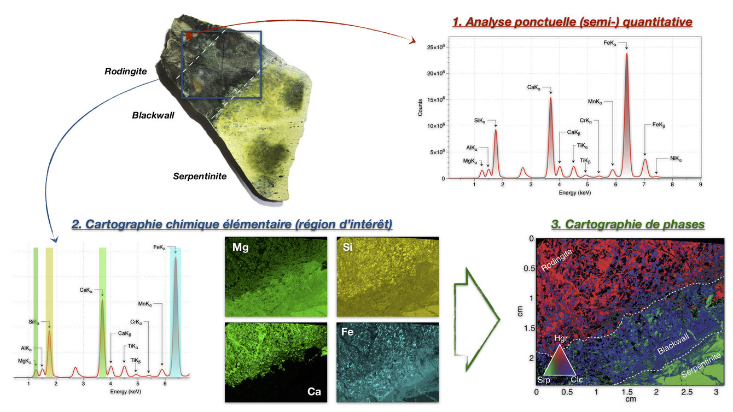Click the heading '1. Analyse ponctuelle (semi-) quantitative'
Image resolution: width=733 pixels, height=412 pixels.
click(572, 22)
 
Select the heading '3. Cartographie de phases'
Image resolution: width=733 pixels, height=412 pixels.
click(627, 224)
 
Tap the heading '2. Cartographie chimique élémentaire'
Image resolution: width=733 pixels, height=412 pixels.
click(232, 224)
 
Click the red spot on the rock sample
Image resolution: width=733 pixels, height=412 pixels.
click(189, 36)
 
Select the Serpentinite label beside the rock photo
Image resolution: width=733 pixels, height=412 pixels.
click(200, 176)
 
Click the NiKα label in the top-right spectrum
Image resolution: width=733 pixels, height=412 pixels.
click(676, 159)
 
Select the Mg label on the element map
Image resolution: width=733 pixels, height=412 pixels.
click(240, 248)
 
